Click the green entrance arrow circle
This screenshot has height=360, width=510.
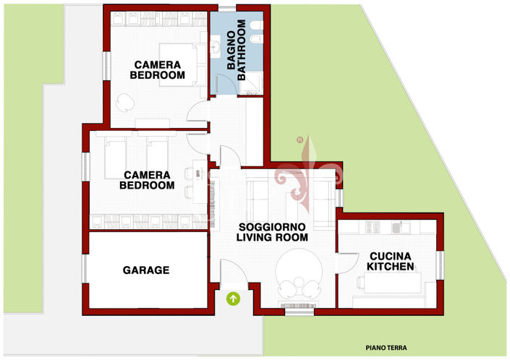[233, 299]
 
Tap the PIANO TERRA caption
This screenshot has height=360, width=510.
[386, 348]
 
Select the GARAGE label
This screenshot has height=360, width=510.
[146, 270]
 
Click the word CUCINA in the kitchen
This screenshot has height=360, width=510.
[391, 256]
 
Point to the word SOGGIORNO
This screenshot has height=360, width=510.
[272, 227]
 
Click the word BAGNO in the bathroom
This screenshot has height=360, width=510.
[231, 50]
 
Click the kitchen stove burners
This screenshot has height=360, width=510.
[373, 227]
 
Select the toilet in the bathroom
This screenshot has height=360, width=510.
[257, 25]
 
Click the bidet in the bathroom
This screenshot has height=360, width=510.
[257, 38]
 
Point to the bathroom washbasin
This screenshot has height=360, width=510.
[216, 48]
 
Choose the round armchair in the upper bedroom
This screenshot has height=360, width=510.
[125, 103]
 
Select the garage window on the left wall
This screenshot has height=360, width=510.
[85, 268]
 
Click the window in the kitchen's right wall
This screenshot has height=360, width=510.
[440, 265]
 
